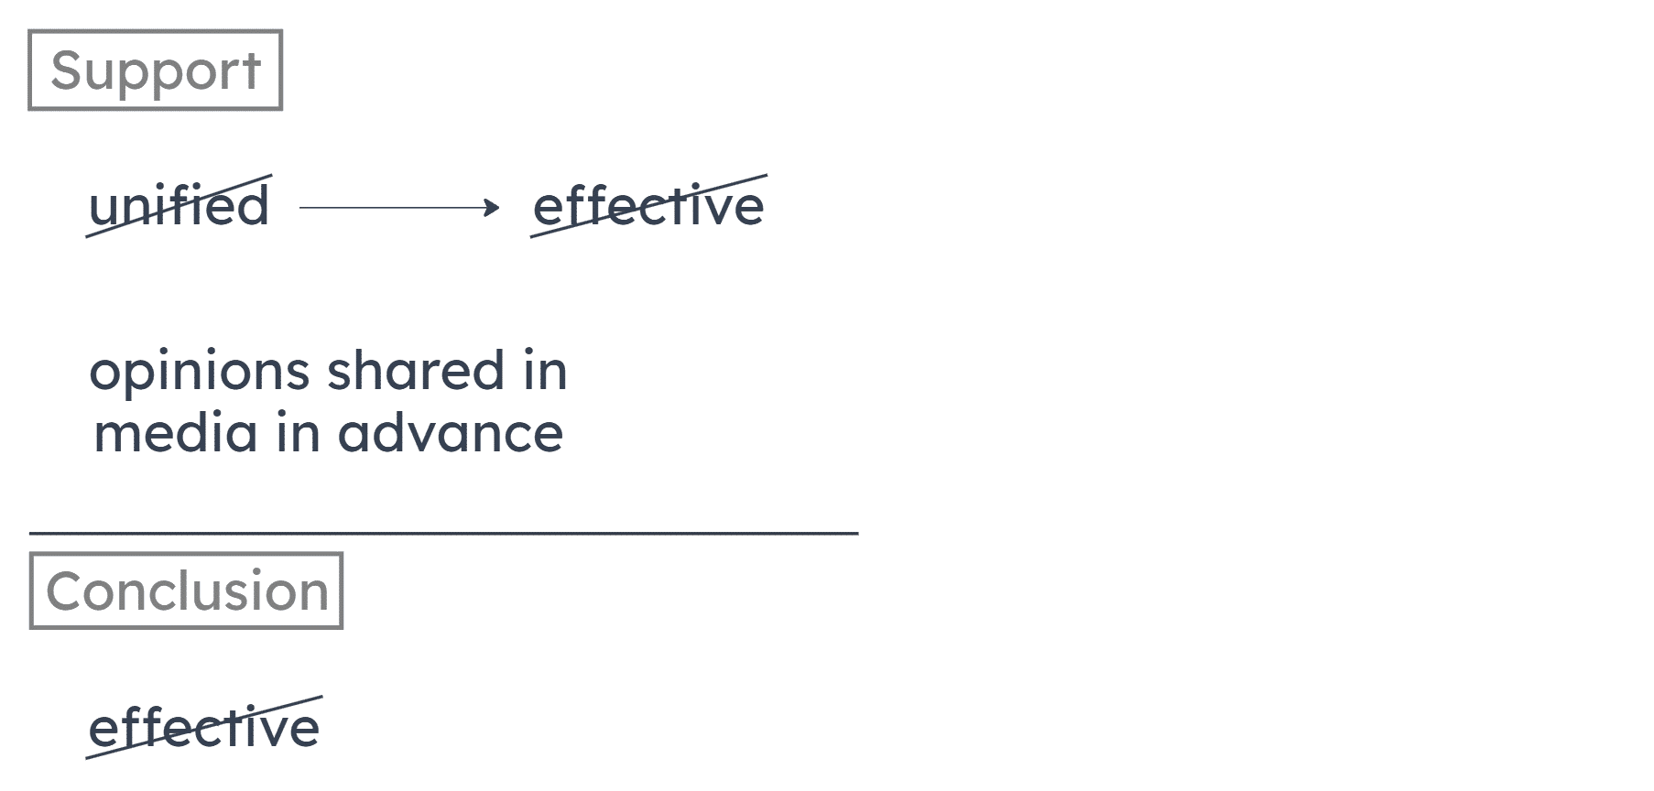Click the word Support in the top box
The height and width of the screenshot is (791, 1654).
(x=156, y=70)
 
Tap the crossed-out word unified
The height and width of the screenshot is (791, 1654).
(x=180, y=207)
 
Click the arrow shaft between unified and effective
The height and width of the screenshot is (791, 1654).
(x=394, y=209)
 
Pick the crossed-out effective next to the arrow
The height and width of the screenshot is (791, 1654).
(x=648, y=207)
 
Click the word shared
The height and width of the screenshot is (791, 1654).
(x=415, y=372)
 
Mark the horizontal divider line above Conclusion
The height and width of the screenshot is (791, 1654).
(x=443, y=532)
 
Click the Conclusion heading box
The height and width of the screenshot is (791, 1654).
(x=186, y=591)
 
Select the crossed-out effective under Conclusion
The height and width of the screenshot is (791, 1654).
(x=204, y=729)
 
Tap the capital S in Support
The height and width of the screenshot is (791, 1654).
(x=65, y=70)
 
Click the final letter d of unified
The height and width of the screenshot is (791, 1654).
(x=254, y=207)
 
